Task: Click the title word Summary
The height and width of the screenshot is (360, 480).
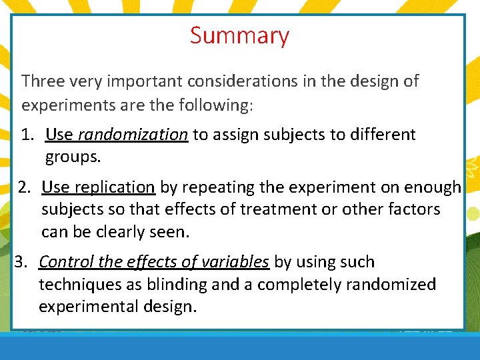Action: click(239, 35)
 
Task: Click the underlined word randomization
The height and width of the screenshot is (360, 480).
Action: click(133, 135)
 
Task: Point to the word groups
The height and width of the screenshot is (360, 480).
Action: click(73, 157)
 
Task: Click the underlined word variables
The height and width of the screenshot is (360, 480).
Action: click(236, 262)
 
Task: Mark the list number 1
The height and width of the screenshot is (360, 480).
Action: click(27, 135)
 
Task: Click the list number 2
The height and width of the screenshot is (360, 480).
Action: click(25, 187)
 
